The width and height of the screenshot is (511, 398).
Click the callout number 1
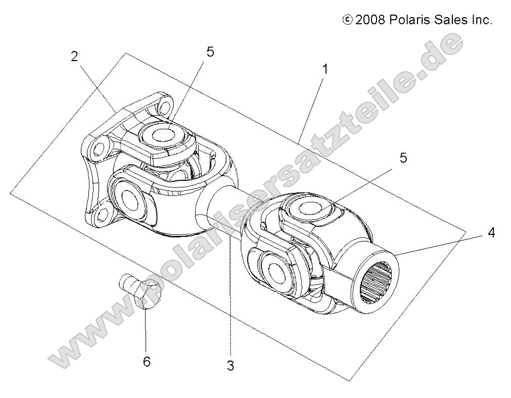click(x=326, y=69)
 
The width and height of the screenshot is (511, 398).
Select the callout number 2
click(x=75, y=57)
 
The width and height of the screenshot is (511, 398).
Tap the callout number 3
click(x=230, y=366)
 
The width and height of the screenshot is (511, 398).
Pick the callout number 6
click(x=147, y=362)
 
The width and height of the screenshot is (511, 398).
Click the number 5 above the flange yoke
click(x=210, y=52)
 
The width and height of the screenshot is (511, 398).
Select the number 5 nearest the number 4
click(x=403, y=158)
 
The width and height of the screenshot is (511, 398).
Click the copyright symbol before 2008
click(x=347, y=20)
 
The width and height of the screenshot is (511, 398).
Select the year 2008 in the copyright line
click(x=371, y=20)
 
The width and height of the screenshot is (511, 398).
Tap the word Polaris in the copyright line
click(x=409, y=20)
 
